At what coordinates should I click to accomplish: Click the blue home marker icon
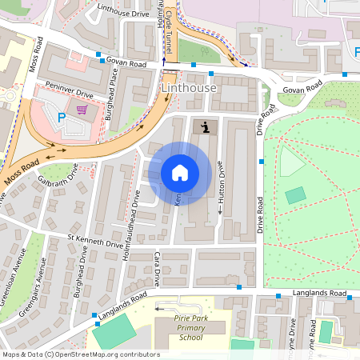180,172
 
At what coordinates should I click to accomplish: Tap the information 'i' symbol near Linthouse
206,126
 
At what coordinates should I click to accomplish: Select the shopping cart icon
81,110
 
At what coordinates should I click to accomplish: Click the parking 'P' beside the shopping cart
62,118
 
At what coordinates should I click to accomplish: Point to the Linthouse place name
189,86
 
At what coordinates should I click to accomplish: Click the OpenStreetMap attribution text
81,354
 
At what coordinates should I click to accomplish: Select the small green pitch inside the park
295,194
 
